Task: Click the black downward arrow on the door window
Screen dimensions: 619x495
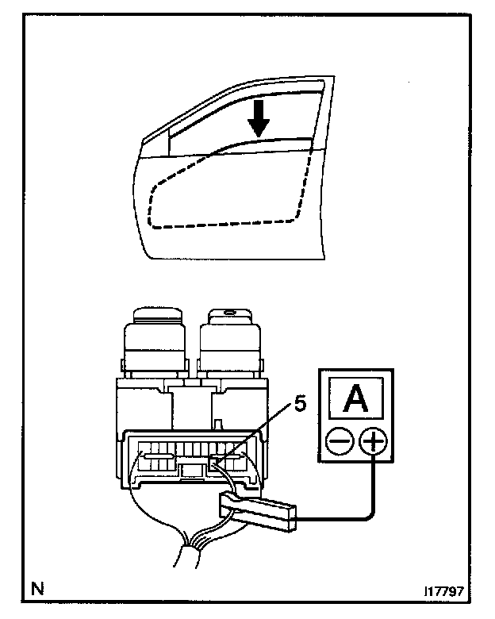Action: click(x=258, y=119)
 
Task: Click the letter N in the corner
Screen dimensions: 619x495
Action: click(x=36, y=588)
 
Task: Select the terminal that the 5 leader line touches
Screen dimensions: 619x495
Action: click(x=215, y=461)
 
